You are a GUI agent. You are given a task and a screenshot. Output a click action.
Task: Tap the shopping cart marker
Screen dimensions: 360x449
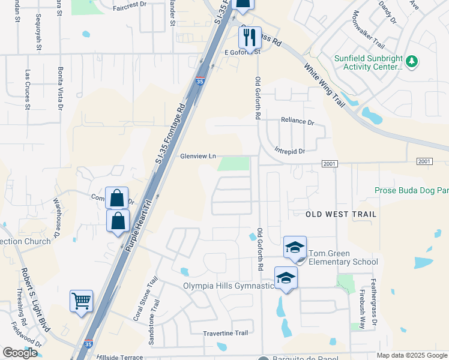pyautogui.click(x=81, y=301)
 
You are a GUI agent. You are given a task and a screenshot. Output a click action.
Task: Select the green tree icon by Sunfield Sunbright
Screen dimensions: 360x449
pyautogui.click(x=412, y=61)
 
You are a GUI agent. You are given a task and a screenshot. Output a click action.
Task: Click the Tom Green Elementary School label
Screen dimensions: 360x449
pyautogui.click(x=343, y=262)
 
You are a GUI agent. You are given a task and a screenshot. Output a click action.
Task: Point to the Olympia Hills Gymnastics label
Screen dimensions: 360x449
pyautogui.click(x=228, y=286)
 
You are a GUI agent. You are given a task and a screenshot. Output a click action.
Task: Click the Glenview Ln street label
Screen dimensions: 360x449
pyautogui.click(x=197, y=156)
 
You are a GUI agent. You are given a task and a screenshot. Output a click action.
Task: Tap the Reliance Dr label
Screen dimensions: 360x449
pyautogui.click(x=297, y=122)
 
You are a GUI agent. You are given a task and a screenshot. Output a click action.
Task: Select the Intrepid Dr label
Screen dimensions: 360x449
pyautogui.click(x=290, y=151)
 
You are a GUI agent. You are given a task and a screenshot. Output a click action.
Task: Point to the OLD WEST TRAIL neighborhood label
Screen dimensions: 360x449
pyautogui.click(x=341, y=214)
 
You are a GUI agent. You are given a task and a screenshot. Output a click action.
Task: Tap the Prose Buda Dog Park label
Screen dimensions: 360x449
pyautogui.click(x=411, y=190)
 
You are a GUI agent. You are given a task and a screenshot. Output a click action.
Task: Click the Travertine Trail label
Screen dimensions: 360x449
pyautogui.click(x=225, y=333)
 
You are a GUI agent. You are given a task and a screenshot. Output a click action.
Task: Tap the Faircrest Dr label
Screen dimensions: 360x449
pyautogui.click(x=129, y=4)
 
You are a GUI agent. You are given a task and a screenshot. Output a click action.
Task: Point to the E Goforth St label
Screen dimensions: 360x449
pyautogui.click(x=242, y=52)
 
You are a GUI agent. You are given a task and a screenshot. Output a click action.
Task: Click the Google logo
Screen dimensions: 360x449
pyautogui.click(x=20, y=353)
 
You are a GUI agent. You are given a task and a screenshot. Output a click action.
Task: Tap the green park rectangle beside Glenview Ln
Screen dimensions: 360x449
pyautogui.click(x=234, y=163)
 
